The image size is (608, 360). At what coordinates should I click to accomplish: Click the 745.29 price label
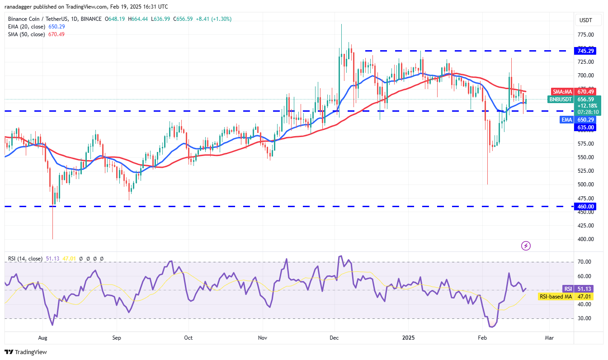pyautogui.click(x=586, y=51)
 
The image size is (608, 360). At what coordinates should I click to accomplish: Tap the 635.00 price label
pyautogui.click(x=586, y=128)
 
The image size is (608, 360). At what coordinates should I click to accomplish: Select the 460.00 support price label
pyautogui.click(x=586, y=207)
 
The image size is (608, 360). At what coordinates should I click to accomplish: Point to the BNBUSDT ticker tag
pyautogui.click(x=560, y=99)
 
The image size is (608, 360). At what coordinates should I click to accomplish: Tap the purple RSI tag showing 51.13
pyautogui.click(x=568, y=289)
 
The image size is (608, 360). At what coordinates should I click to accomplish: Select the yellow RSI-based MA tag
pyautogui.click(x=556, y=297)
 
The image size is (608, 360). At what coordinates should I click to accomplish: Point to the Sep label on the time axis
pyautogui.click(x=117, y=338)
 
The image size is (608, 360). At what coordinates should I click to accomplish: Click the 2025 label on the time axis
pyautogui.click(x=408, y=338)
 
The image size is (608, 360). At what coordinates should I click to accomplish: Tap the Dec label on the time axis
pyautogui.click(x=334, y=338)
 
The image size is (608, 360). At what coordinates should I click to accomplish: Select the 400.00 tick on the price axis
pyautogui.click(x=585, y=239)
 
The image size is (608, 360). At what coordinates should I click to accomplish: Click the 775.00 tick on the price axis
pyautogui.click(x=585, y=35)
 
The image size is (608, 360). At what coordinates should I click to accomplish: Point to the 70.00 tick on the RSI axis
pyautogui.click(x=584, y=262)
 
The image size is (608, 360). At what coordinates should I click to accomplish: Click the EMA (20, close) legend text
pyautogui.click(x=26, y=27)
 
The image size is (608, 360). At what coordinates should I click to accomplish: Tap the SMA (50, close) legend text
pyautogui.click(x=26, y=34)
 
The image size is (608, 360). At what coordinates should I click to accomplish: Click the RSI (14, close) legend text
pyautogui.click(x=25, y=259)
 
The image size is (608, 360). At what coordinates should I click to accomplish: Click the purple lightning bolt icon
pyautogui.click(x=526, y=246)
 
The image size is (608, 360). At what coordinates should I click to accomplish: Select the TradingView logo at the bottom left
pyautogui.click(x=26, y=352)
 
